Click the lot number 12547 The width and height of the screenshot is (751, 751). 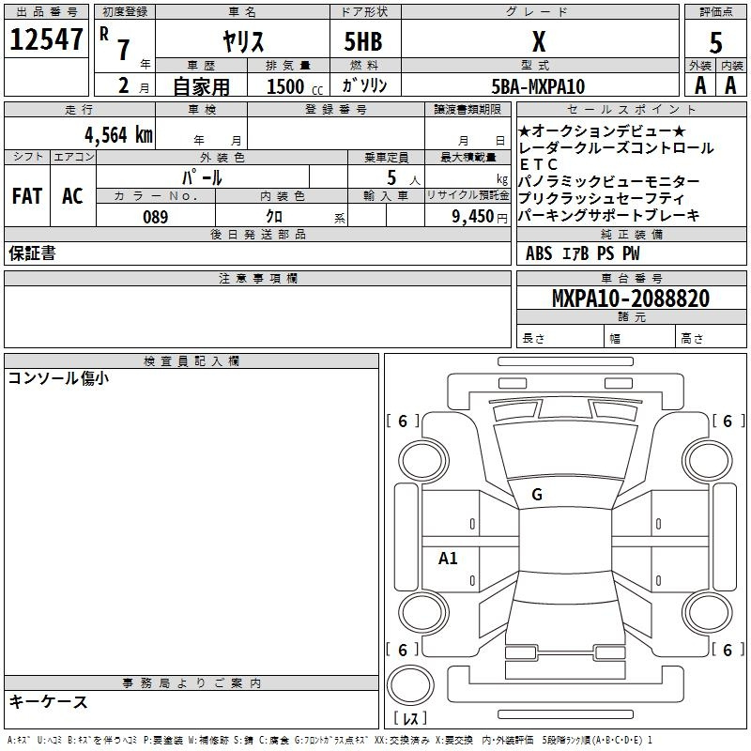tap(46, 39)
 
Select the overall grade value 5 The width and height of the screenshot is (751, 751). tap(715, 42)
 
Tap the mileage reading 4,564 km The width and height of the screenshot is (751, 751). tap(119, 135)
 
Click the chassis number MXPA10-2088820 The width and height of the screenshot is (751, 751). tap(631, 298)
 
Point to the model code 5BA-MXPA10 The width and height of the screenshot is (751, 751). tap(538, 86)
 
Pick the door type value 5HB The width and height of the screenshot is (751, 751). tap(363, 41)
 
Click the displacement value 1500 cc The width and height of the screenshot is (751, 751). tap(295, 86)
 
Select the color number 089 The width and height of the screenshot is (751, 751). tap(156, 217)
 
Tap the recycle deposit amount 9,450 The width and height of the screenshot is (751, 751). tap(473, 217)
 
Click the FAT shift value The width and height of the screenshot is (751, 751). tap(27, 196)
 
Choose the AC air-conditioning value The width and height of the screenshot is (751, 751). tap(73, 196)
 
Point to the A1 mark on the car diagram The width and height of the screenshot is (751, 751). tap(448, 558)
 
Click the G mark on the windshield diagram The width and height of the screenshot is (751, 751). tap(537, 495)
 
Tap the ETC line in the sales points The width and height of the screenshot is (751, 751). tap(538, 165)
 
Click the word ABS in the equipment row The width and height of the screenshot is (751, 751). tap(539, 253)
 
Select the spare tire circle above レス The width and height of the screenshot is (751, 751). tap(410, 685)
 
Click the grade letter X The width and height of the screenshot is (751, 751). tap(539, 41)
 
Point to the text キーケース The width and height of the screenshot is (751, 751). tap(49, 701)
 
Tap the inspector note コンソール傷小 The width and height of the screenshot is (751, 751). tap(58, 378)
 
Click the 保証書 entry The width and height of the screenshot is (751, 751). tap(32, 253)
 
